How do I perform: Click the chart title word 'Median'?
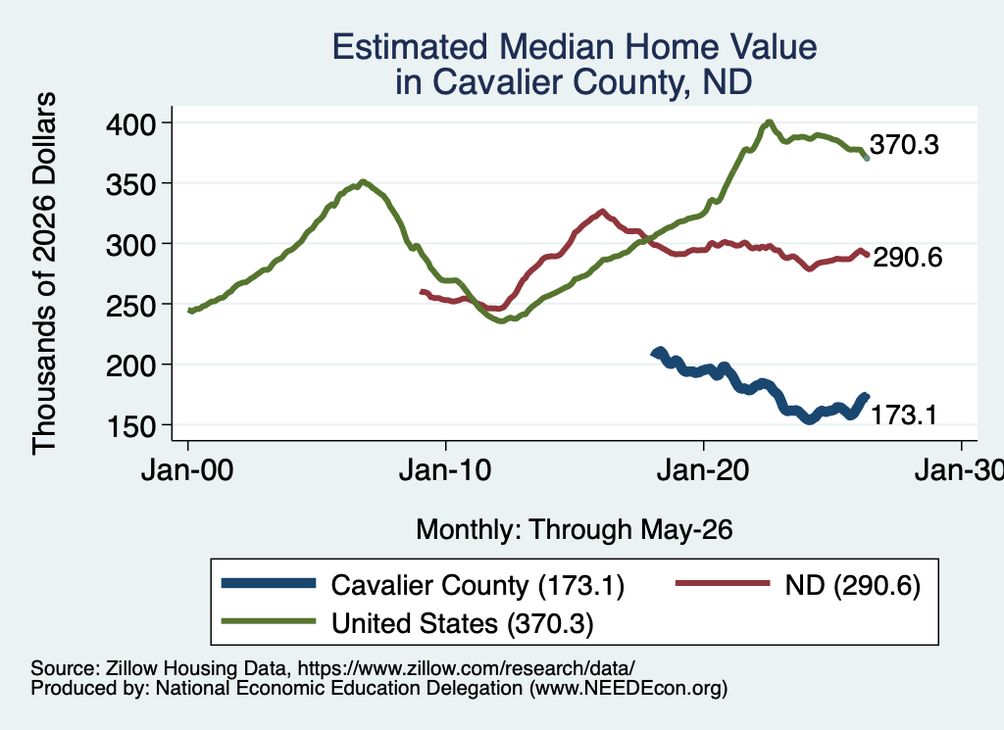tap(556, 47)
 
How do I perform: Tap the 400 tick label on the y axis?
tap(130, 122)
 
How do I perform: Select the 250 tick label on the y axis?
tap(130, 305)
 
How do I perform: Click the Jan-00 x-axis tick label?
tap(187, 470)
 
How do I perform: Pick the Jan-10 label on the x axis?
tap(446, 470)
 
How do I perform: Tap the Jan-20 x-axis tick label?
tap(703, 470)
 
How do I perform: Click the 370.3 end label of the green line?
tap(904, 145)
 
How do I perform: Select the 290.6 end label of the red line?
tap(907, 257)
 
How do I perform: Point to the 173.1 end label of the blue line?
tap(903, 415)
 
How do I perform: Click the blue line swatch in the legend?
tap(269, 583)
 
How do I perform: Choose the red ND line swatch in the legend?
tap(723, 583)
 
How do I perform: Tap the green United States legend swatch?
tap(269, 621)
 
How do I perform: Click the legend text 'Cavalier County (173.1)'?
tap(477, 585)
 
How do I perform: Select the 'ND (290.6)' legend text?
tap(853, 585)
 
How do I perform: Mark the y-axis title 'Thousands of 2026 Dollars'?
tap(44, 273)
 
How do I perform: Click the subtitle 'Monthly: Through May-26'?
tap(575, 530)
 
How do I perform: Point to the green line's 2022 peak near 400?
tap(769, 122)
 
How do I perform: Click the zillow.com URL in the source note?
tap(466, 668)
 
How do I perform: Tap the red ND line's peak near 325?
tap(602, 211)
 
